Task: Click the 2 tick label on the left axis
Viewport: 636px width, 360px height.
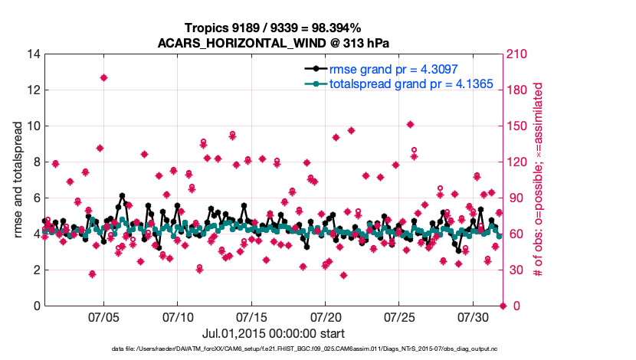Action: click(35, 270)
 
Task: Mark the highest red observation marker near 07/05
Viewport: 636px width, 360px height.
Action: click(103, 77)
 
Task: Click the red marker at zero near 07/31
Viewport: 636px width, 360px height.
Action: click(503, 306)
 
